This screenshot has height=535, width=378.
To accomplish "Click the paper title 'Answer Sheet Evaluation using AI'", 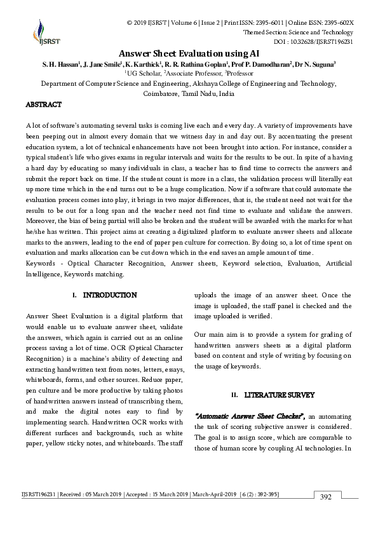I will (x=189, y=53).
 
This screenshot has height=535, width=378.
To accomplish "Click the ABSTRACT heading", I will (x=43, y=104).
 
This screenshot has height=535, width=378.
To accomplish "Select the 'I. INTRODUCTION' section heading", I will (x=105, y=295).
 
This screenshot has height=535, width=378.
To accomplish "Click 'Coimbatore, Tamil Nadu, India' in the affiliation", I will (x=189, y=93).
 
